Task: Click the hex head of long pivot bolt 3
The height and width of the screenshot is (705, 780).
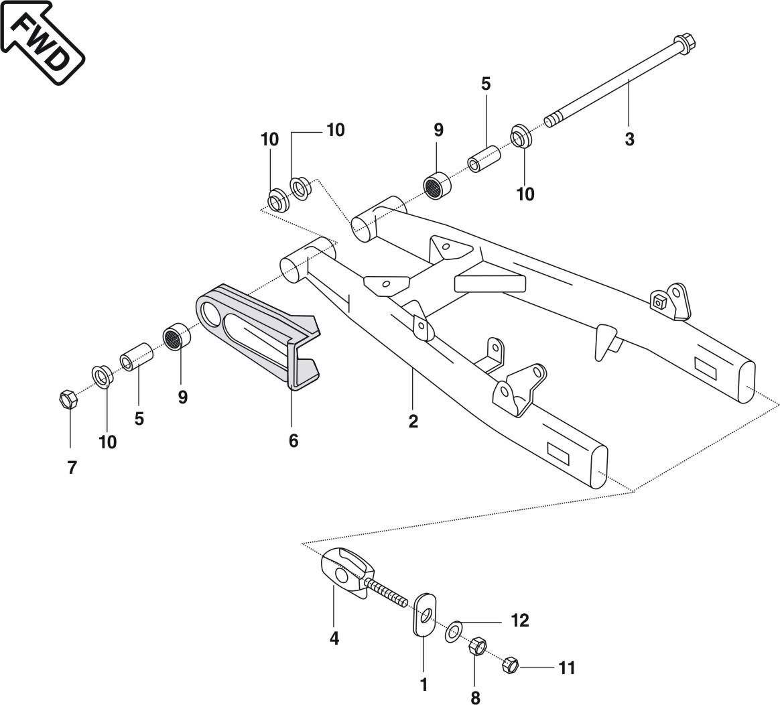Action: coord(685,44)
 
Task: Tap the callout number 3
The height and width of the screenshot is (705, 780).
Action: coord(629,140)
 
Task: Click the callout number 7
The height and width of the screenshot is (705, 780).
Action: coord(72,468)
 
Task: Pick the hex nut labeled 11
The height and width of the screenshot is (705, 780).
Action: coord(510,665)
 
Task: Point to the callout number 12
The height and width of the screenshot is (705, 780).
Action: coord(520,621)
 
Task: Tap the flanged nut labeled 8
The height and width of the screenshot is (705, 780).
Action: coord(477,647)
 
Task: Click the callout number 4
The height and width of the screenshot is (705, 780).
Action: coord(334,639)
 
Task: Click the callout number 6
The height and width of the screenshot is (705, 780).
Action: coord(293,440)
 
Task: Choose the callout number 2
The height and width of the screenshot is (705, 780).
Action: coord(413,422)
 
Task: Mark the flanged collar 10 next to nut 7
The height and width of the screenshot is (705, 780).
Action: coord(102,376)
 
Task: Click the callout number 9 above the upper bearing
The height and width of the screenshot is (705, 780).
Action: coord(438,130)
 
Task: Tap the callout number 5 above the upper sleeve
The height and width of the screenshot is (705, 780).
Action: coord(486,84)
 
